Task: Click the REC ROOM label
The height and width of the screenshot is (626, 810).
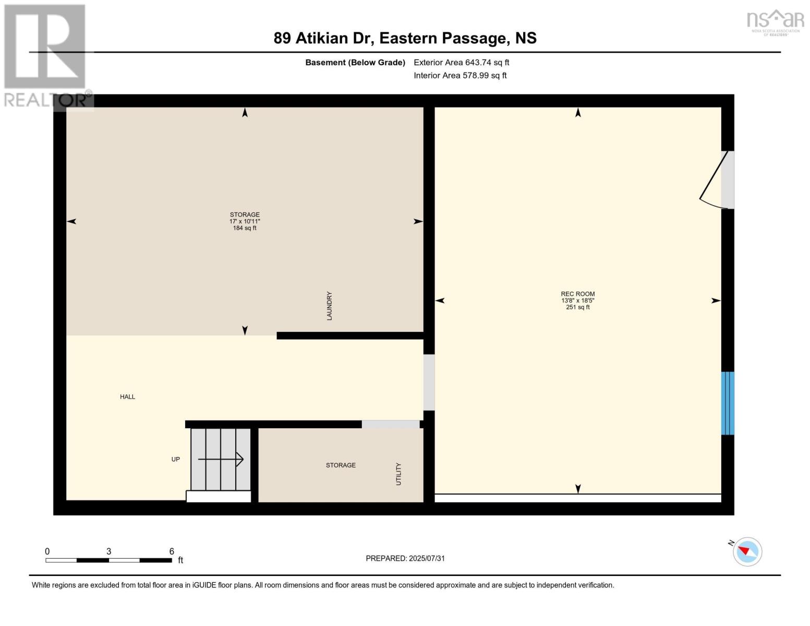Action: coord(577,294)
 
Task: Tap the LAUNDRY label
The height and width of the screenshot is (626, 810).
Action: coord(329,306)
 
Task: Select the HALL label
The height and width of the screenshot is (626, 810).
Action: coord(127,397)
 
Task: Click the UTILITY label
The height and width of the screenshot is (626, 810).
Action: coord(398,474)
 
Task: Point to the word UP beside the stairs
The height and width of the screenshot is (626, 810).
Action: coord(176,460)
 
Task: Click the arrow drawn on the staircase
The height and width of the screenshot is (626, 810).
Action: coord(221,460)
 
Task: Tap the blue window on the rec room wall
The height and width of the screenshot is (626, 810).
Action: coord(728,403)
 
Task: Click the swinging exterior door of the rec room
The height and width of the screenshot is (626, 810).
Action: coord(715,180)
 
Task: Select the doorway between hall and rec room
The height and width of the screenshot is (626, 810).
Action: coord(429,382)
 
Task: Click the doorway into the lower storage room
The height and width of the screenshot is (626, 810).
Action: coord(390,424)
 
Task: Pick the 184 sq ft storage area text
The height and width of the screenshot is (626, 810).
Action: coord(245,228)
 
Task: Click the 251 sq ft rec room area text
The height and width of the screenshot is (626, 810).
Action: coord(577,307)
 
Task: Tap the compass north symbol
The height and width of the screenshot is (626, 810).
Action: coord(747,551)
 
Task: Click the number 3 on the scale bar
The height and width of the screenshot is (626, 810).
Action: coord(108,551)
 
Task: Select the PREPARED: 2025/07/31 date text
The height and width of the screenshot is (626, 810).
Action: coord(405,558)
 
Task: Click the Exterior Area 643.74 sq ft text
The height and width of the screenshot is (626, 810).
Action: coord(461,63)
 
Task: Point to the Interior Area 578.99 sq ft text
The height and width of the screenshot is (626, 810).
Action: coord(460,76)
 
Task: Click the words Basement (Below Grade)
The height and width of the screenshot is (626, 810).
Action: coord(355,63)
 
